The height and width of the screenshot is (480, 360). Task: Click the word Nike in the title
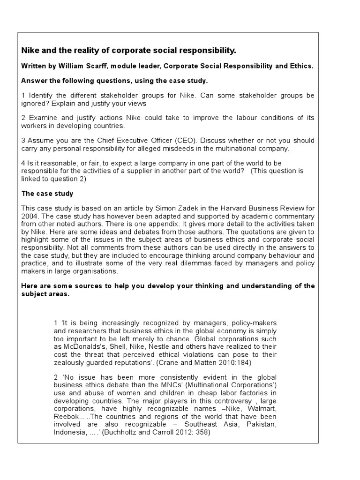point(30,50)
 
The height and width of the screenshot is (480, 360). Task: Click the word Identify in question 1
point(42,95)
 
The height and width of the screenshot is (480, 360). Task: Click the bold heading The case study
point(47,194)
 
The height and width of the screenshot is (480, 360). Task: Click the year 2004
point(30,216)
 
